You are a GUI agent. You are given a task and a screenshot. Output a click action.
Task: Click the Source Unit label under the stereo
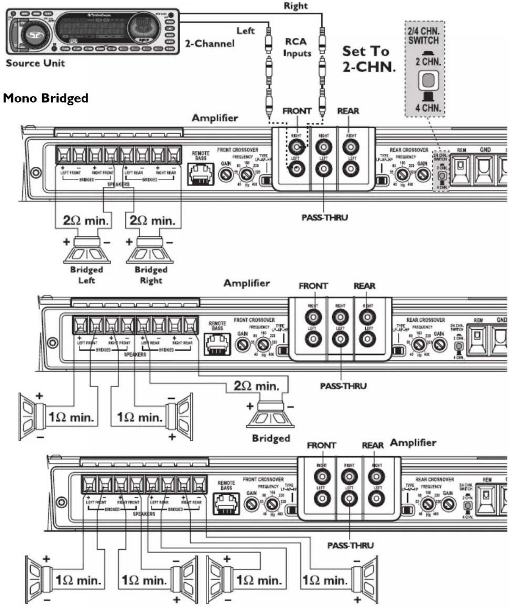click(35, 63)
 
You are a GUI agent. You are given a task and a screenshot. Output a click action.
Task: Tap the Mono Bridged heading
click(46, 98)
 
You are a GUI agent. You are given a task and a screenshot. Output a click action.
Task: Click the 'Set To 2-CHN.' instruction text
click(368, 59)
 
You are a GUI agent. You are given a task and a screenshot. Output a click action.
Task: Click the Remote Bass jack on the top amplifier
click(201, 173)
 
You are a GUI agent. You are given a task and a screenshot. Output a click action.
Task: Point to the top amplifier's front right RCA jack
click(296, 147)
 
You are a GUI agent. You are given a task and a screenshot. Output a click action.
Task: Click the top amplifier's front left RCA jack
click(296, 169)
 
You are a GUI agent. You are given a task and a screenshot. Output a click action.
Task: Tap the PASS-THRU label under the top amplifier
click(324, 217)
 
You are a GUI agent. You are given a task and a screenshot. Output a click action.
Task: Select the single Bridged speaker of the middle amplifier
click(270, 415)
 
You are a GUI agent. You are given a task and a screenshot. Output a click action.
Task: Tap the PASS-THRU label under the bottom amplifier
click(350, 545)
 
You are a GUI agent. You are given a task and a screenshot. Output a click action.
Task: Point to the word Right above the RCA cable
click(295, 6)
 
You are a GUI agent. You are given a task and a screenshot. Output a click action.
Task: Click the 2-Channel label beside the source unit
click(210, 43)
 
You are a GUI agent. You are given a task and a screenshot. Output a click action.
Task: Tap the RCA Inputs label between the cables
click(297, 47)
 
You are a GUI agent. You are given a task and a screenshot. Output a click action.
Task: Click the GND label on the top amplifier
click(485, 149)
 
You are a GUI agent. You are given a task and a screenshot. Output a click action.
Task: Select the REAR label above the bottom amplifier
click(372, 445)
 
